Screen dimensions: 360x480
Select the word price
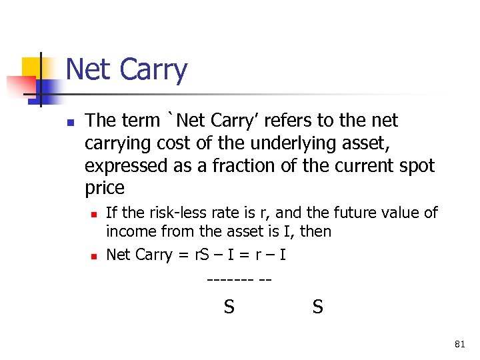coord(105,188)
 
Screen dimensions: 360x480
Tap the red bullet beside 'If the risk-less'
coord(95,214)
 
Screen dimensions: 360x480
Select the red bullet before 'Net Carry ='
coord(95,256)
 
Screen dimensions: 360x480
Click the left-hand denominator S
coord(229,307)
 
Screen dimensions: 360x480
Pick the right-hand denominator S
coord(318,307)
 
